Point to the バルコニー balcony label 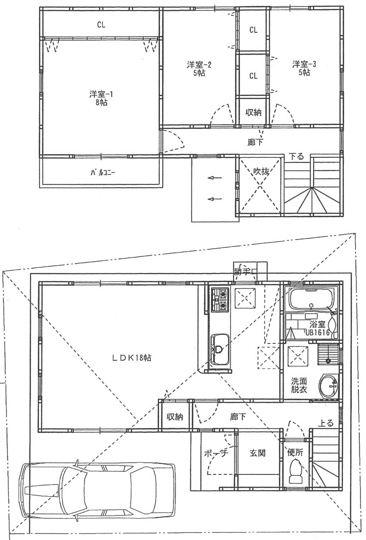coord(103,173)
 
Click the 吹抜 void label coord(261,171)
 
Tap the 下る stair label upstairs coord(296,156)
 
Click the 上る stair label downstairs coord(326,423)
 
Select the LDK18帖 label coord(132,358)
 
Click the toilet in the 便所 coord(296,471)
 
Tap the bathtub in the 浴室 coord(311,299)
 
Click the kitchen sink coord(220,350)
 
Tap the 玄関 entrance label coord(257,453)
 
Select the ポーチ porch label coord(216,453)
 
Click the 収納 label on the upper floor coord(253,112)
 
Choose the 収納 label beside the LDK coord(174,417)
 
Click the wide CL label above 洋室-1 coord(101,24)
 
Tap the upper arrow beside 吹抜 coord(215,178)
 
